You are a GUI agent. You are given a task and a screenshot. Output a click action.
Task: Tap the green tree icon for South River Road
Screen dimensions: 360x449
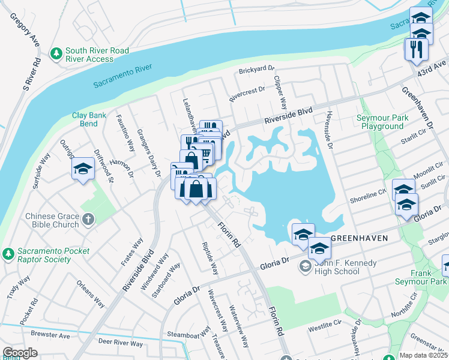56,54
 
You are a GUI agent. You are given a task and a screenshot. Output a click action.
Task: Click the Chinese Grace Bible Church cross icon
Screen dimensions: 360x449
88,220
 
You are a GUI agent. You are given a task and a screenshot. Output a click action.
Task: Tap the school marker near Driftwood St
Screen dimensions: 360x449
83,169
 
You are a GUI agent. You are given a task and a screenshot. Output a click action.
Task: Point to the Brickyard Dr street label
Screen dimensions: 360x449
256,70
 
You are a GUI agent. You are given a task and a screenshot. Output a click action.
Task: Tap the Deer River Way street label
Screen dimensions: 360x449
121,343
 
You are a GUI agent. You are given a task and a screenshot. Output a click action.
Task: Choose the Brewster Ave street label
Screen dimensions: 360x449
50,335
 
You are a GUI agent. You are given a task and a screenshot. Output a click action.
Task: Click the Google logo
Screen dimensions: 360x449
20,353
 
